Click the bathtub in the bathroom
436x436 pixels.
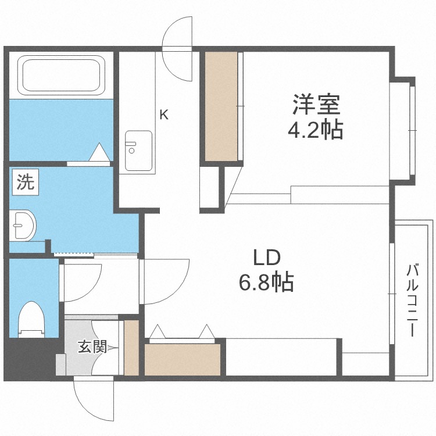coord(61,76)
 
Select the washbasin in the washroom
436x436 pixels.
coord(23,224)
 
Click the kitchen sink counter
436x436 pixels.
coord(138,151)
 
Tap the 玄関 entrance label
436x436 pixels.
coord(92,348)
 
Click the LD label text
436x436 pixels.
coord(267,258)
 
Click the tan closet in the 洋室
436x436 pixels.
coord(221,106)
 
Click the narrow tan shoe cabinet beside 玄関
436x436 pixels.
coord(132,347)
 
